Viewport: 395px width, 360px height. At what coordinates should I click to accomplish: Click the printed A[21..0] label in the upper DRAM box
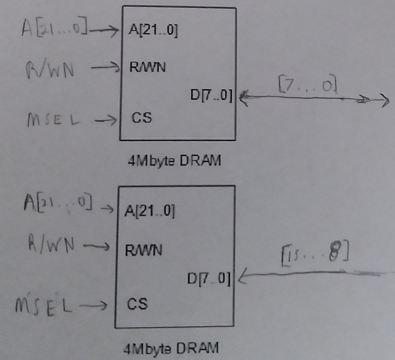(153, 31)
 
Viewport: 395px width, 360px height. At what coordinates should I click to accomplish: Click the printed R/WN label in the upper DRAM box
(147, 67)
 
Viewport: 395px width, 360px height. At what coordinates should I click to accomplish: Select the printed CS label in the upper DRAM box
(141, 118)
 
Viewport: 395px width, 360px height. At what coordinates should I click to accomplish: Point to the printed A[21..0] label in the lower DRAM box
(149, 211)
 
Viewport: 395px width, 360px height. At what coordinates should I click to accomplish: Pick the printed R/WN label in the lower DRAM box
(143, 250)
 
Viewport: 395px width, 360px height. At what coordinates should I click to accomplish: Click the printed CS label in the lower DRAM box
(137, 304)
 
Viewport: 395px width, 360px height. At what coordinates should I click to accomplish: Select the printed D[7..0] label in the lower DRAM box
(209, 279)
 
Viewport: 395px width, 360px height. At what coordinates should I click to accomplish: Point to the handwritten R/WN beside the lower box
(51, 245)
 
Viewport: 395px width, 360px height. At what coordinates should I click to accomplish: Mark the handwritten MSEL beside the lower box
(43, 305)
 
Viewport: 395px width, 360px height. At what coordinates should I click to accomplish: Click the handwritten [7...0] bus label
(307, 85)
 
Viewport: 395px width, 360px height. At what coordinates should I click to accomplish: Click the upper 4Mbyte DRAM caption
(174, 161)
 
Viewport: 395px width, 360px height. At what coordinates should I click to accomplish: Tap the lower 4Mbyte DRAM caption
(171, 348)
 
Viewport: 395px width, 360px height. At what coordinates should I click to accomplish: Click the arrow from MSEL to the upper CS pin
(105, 119)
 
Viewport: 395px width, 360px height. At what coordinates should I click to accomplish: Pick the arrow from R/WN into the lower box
(96, 247)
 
